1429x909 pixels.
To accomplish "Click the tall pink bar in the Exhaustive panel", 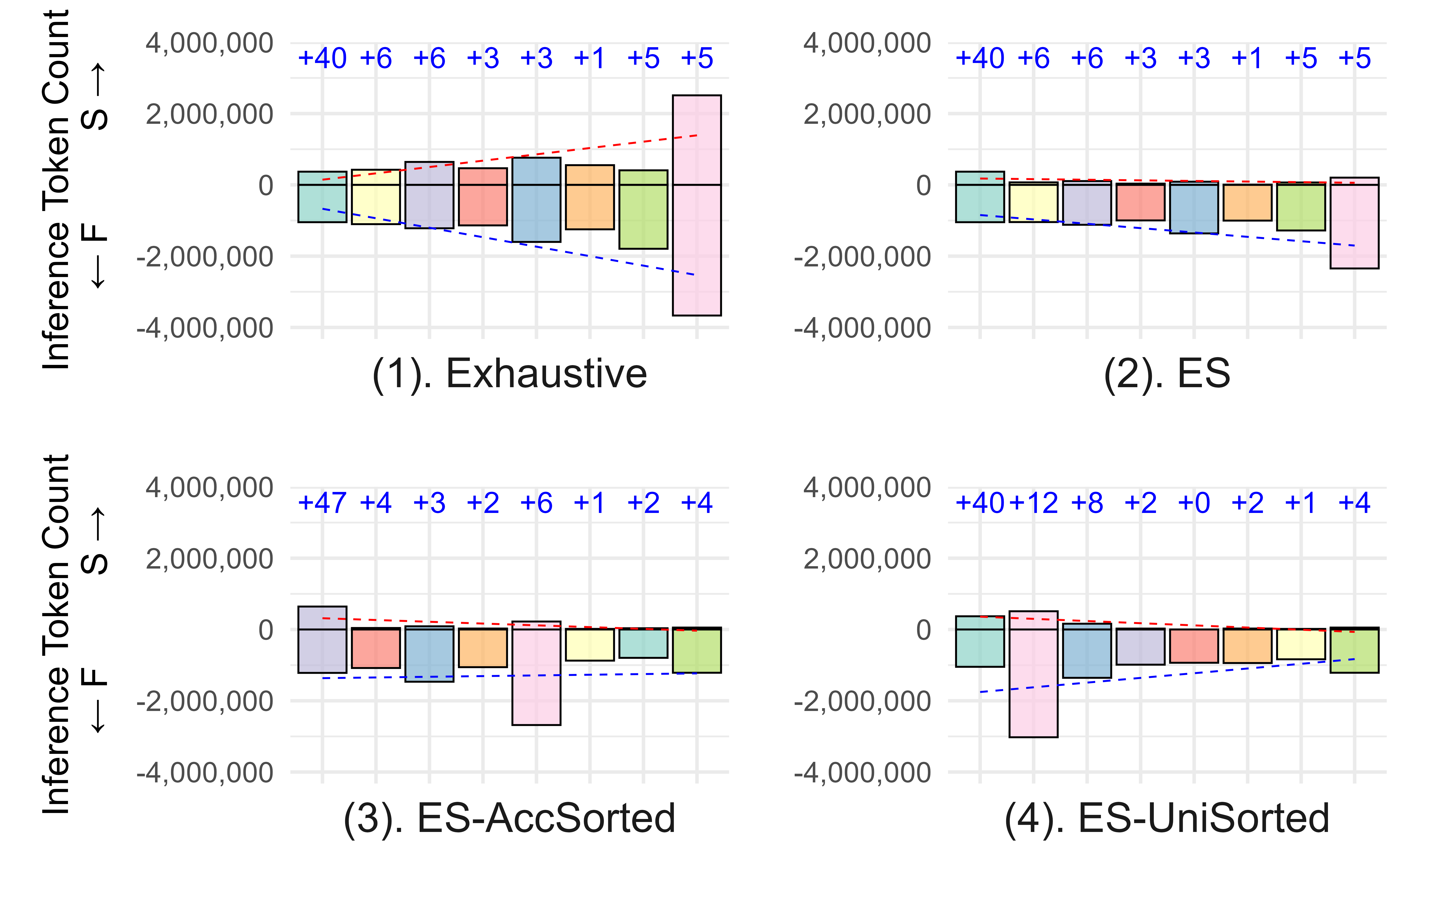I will [x=697, y=205].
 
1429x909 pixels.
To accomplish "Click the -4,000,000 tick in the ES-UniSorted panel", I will [x=862, y=772].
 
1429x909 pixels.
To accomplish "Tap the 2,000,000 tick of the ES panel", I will [x=867, y=114].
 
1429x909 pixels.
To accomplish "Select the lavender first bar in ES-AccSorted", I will [x=322, y=640].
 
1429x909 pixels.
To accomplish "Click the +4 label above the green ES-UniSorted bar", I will [x=1354, y=503].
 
